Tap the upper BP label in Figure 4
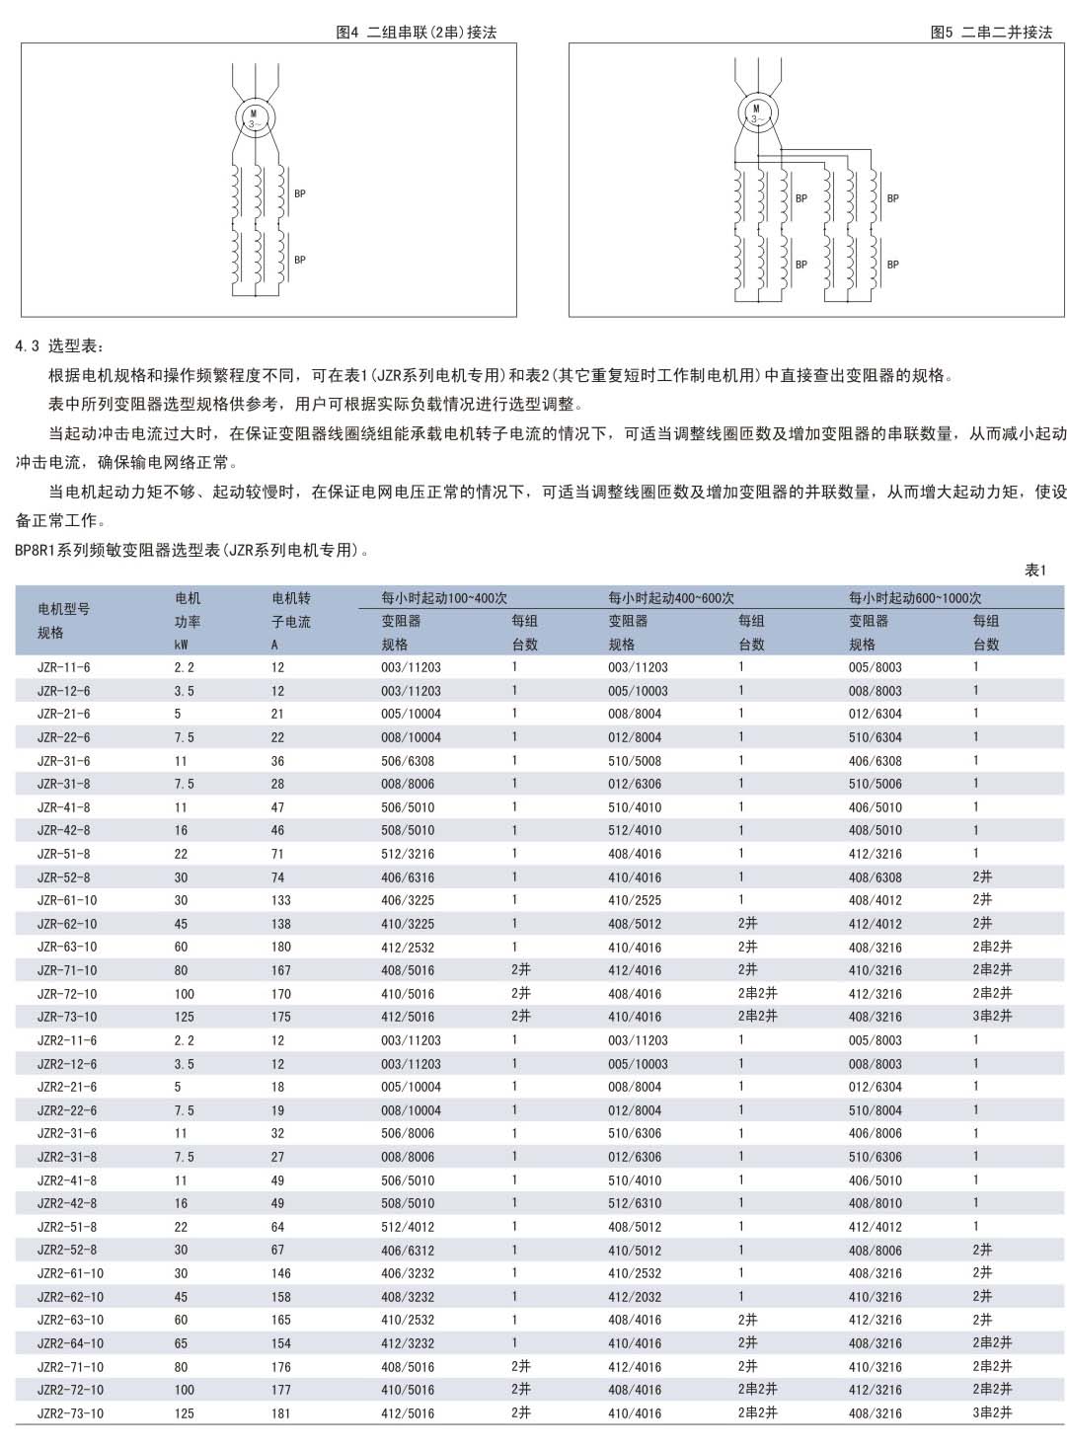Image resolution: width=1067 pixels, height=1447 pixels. [300, 193]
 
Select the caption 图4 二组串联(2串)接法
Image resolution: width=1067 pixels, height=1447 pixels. [416, 32]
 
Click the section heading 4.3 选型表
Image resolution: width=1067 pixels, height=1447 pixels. [59, 346]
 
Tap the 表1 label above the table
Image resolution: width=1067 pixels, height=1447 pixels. [1034, 570]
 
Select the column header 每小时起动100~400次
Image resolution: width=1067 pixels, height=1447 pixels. [444, 597]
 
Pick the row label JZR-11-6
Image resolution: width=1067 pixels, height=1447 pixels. [64, 667]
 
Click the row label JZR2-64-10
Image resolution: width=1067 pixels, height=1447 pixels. [70, 1343]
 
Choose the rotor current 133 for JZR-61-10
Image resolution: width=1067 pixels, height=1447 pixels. [281, 900]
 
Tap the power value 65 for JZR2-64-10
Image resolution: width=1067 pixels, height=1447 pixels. [182, 1343]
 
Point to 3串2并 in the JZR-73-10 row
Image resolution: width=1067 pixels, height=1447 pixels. [992, 1017]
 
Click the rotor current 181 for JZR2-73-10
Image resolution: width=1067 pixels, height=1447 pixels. [281, 1413]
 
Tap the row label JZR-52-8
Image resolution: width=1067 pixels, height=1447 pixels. [64, 877]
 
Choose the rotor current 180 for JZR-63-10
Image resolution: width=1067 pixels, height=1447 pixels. [281, 947]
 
